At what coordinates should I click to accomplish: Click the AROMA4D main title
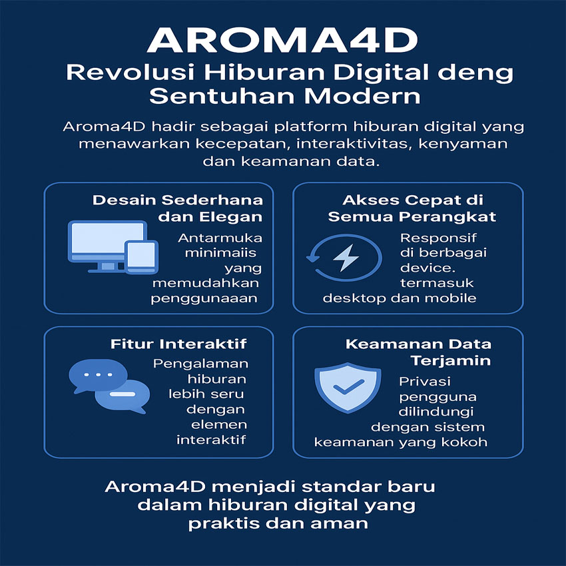282,40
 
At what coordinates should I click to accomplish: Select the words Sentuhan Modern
285,97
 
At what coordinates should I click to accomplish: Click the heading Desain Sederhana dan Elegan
178,208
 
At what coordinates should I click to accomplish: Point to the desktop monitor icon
107,246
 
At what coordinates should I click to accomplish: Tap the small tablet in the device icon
141,257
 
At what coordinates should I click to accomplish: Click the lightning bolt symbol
346,258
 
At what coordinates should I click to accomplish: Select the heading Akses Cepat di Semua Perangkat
412,208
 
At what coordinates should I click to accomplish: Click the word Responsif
438,238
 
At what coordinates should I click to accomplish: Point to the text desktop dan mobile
400,298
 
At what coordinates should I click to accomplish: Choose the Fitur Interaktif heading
178,344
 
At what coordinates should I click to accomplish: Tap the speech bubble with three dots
98,376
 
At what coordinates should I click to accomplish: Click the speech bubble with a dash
123,396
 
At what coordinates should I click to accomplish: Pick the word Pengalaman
200,364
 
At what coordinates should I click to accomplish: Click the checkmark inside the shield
349,387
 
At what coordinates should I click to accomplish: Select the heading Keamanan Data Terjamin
418,352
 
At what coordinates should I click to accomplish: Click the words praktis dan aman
278,523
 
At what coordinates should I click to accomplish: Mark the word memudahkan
206,282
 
